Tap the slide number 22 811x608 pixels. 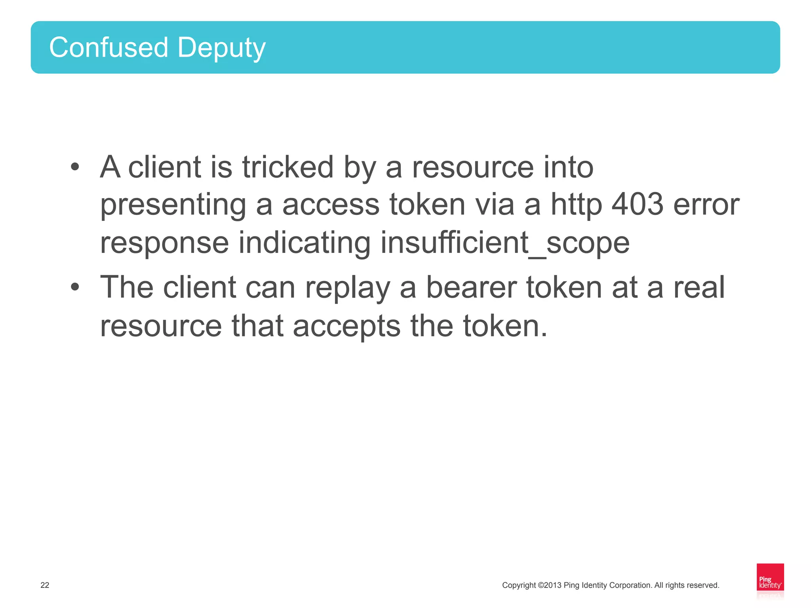pyautogui.click(x=45, y=585)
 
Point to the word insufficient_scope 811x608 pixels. pyautogui.click(x=505, y=243)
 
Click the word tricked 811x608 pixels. pyautogui.click(x=288, y=167)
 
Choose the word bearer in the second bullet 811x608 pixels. pyautogui.click(x=471, y=287)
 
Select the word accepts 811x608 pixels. pyautogui.click(x=346, y=326)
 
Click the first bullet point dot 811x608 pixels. pyautogui.click(x=75, y=167)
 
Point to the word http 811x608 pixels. pyautogui.click(x=577, y=205)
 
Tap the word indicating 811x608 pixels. pyautogui.click(x=305, y=243)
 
